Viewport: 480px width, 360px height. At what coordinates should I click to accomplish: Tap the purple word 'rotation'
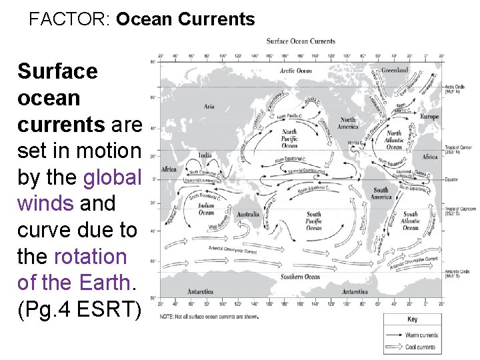(89, 256)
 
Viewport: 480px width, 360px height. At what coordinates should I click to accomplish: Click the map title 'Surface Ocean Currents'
(301, 41)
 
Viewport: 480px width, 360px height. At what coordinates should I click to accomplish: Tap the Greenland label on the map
(395, 70)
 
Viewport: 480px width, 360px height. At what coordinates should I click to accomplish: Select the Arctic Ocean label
(295, 71)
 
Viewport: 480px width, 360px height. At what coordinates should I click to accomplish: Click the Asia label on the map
(209, 106)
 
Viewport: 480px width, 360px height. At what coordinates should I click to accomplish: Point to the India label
(205, 155)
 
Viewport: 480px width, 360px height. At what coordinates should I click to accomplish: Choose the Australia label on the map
(247, 214)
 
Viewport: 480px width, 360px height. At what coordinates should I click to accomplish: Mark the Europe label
(430, 117)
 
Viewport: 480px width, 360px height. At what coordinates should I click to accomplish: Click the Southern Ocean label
(300, 277)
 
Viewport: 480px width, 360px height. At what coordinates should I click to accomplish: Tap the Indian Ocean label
(207, 209)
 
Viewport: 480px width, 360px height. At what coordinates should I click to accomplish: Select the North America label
(348, 123)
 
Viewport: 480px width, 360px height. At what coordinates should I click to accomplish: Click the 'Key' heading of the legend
(413, 319)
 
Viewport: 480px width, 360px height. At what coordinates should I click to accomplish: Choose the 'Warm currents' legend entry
(421, 335)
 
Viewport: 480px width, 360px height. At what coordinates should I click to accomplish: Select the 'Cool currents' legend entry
(421, 347)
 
